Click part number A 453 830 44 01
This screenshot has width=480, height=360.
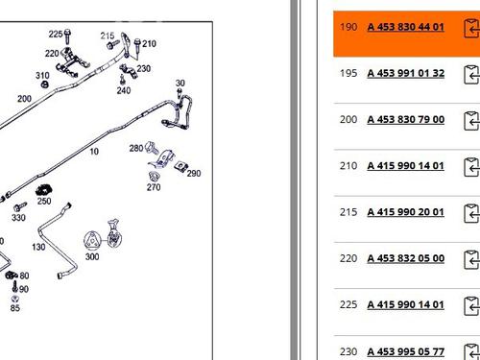[x=406, y=27]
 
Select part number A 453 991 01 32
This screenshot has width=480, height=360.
[x=406, y=73]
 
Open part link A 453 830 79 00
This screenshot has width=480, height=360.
[x=406, y=119]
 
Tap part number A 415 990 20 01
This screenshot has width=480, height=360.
[x=406, y=212]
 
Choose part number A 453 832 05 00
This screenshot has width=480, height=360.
[x=406, y=258]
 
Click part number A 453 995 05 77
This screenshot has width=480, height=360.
[x=406, y=351]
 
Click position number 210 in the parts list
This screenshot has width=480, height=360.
[x=348, y=166]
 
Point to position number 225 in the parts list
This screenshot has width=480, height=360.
[x=348, y=304]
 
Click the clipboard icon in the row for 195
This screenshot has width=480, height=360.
[x=471, y=75]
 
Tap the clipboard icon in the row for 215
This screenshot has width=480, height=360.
[x=471, y=213]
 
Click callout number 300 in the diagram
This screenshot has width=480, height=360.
[x=92, y=256]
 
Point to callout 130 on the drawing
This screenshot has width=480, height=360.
[x=38, y=247]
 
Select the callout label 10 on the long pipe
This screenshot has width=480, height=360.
[x=94, y=152]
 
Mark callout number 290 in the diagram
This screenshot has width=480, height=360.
[x=194, y=174]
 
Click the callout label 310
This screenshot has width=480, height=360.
[x=42, y=76]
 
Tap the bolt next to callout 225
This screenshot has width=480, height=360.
[x=67, y=36]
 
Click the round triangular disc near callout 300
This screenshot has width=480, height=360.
[x=92, y=241]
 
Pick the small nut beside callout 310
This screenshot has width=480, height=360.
[x=45, y=84]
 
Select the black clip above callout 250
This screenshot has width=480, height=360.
[x=44, y=190]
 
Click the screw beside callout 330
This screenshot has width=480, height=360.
[x=20, y=206]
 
